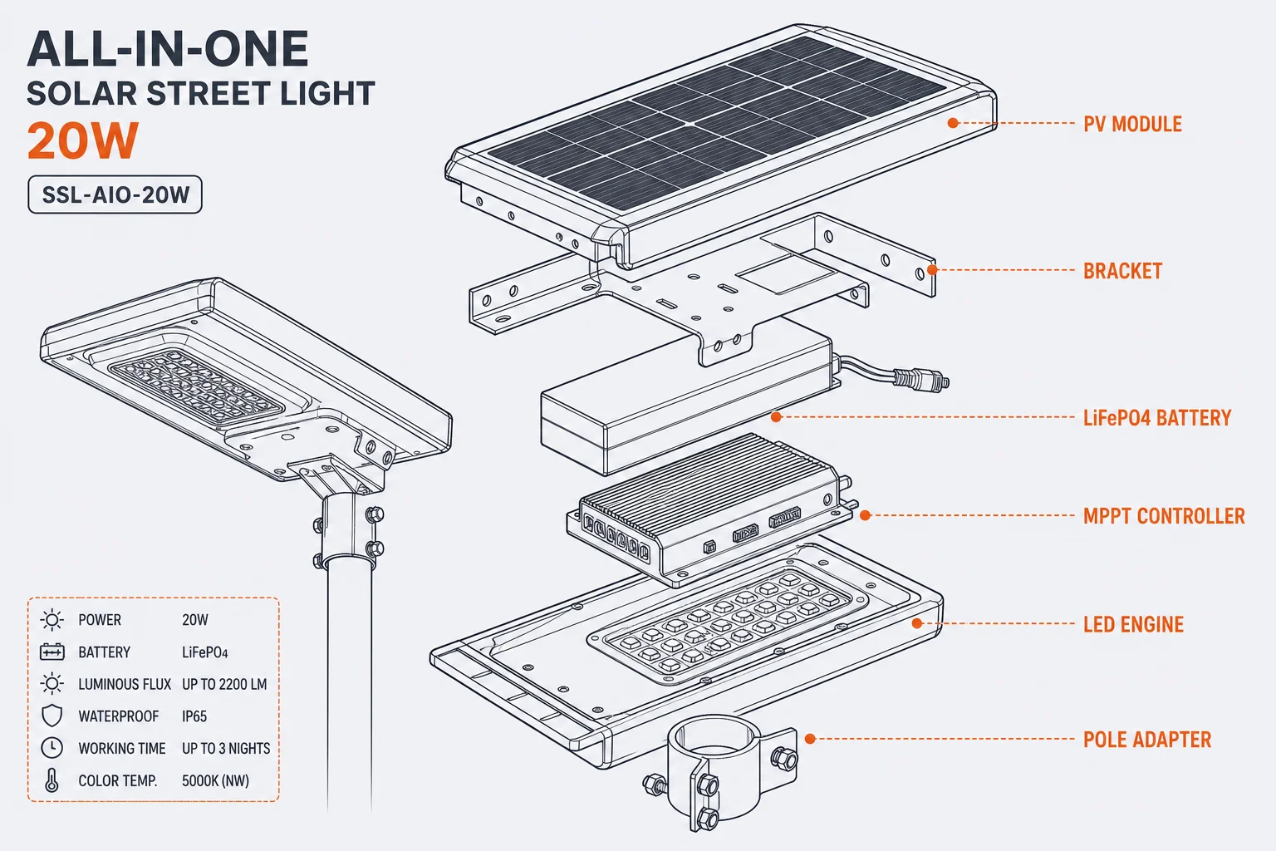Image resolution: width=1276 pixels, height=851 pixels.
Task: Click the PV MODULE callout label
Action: pos(1132,125)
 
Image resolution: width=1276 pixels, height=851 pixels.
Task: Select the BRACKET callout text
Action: pos(1122,271)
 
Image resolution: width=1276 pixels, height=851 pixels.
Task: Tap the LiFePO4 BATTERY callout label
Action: pos(1157,418)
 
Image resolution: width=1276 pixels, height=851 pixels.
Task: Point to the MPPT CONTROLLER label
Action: pos(1164,516)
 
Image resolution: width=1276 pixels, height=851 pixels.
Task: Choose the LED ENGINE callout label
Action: pos(1133,625)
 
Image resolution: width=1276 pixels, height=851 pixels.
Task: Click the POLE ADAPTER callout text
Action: pos(1146,740)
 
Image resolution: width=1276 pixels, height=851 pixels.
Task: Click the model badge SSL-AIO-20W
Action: pos(115,195)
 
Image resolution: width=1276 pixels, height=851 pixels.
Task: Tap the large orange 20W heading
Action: pos(82,140)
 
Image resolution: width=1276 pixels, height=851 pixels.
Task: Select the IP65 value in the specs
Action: pos(194,716)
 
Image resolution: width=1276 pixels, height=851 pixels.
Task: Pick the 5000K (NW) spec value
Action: pos(215,781)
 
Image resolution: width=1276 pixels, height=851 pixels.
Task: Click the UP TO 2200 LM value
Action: pos(224,684)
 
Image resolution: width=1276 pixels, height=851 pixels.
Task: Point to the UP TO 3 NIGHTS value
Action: pos(226,749)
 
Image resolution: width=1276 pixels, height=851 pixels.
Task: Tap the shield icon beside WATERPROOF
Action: pos(52,716)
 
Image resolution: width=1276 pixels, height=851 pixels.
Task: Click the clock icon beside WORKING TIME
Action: pos(52,748)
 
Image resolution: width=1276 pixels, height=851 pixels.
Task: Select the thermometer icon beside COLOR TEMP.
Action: pos(52,780)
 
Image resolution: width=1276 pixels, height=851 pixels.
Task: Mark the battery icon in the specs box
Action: pos(52,652)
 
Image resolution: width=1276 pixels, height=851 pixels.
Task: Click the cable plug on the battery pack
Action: pos(920,378)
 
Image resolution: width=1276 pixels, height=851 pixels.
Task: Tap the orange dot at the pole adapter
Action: pos(810,740)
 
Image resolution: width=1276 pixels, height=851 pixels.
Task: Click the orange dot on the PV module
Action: pos(953,122)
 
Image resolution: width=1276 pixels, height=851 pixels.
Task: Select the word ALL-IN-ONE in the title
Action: pos(168,49)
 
